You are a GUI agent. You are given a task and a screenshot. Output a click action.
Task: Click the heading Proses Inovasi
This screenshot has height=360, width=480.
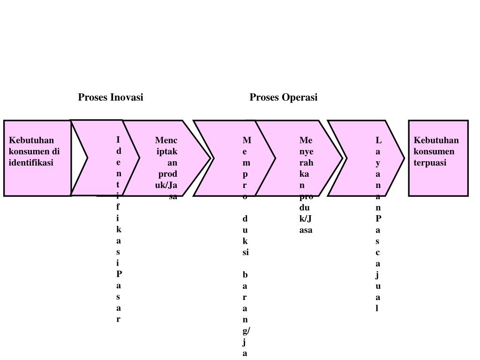[x=111, y=97]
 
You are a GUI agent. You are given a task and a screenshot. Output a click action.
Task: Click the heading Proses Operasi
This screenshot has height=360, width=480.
[x=283, y=97]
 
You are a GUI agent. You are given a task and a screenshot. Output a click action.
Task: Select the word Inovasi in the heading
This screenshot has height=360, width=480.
[x=127, y=97]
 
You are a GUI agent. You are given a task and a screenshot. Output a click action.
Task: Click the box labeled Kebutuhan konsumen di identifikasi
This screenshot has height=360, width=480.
[x=37, y=178]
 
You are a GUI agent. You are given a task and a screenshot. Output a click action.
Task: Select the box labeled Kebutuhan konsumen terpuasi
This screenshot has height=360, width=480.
[x=438, y=180]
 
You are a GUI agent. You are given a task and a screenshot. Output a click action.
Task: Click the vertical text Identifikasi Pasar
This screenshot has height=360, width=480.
[x=119, y=230]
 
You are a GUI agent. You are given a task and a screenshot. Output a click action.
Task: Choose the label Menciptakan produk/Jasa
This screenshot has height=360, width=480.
[x=167, y=168]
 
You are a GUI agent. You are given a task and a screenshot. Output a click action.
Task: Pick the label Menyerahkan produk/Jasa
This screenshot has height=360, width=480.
[x=306, y=185]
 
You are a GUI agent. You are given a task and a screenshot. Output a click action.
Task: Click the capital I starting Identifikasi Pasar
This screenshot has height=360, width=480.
[x=119, y=140]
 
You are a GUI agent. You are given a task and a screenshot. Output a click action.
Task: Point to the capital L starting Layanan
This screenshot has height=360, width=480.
[x=378, y=140]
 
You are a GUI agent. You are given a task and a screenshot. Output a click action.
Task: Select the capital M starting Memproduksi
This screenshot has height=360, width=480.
[x=247, y=140]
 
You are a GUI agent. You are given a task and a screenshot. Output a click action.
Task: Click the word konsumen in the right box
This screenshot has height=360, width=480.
[x=434, y=151]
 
